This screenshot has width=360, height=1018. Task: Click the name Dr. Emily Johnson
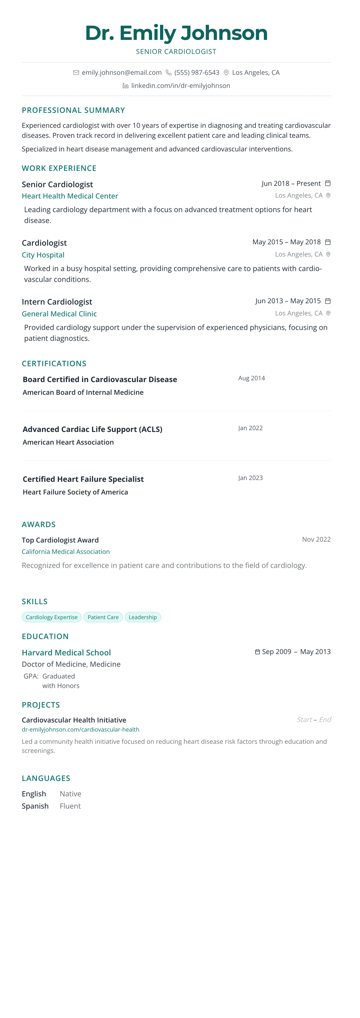[x=176, y=33]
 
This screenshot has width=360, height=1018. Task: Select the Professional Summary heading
[x=73, y=110]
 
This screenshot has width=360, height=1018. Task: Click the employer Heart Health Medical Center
[x=70, y=196]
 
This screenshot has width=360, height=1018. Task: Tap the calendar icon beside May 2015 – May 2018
[x=328, y=242]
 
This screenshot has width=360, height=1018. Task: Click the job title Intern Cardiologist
[x=57, y=302]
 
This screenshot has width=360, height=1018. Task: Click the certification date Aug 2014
[x=251, y=378]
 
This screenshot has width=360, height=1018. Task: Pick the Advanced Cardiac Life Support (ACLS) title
[x=92, y=429]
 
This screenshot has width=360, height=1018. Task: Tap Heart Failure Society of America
[x=75, y=492]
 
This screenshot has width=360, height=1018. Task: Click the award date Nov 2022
[x=316, y=539]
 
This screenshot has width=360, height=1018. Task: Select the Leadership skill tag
[x=143, y=617]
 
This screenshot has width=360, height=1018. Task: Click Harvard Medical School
[x=66, y=652]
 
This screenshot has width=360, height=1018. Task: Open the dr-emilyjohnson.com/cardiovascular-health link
[x=81, y=730]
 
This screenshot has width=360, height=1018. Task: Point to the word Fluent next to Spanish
[x=70, y=806]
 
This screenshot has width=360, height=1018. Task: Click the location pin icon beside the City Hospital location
[x=328, y=254]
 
